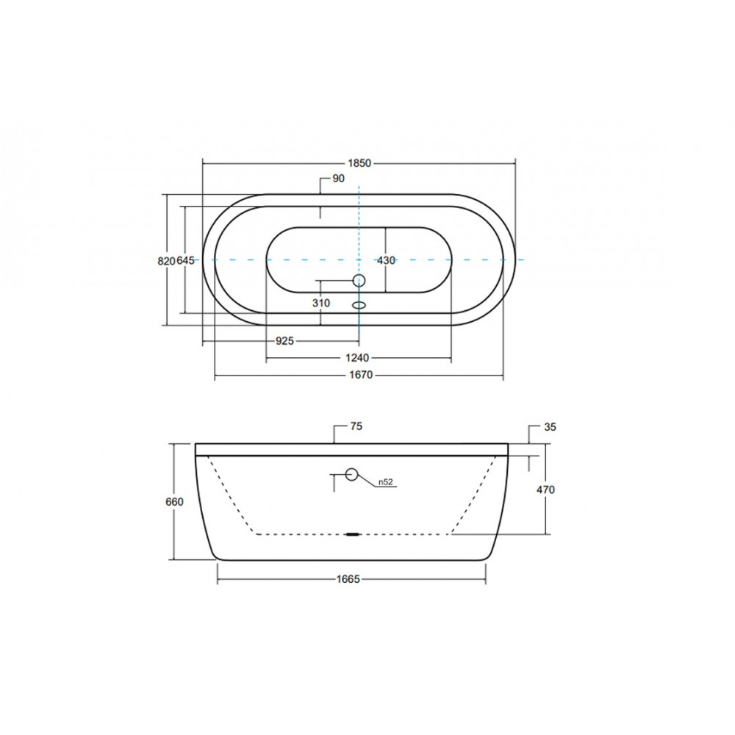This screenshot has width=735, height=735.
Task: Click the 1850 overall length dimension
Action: (x=359, y=163)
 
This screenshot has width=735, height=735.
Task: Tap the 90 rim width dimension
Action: (x=338, y=179)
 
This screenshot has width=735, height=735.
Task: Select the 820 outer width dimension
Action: (x=166, y=261)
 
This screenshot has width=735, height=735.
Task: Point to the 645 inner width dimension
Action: (x=185, y=261)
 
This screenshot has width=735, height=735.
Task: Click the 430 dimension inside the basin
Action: (x=387, y=261)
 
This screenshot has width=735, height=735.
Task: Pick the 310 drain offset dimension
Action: (x=321, y=304)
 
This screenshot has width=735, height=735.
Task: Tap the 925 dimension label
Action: (x=284, y=341)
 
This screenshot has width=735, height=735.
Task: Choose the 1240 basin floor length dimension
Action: (x=357, y=358)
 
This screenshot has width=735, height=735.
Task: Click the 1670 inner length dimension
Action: (x=361, y=375)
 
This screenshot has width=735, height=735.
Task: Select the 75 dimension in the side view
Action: (x=356, y=426)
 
